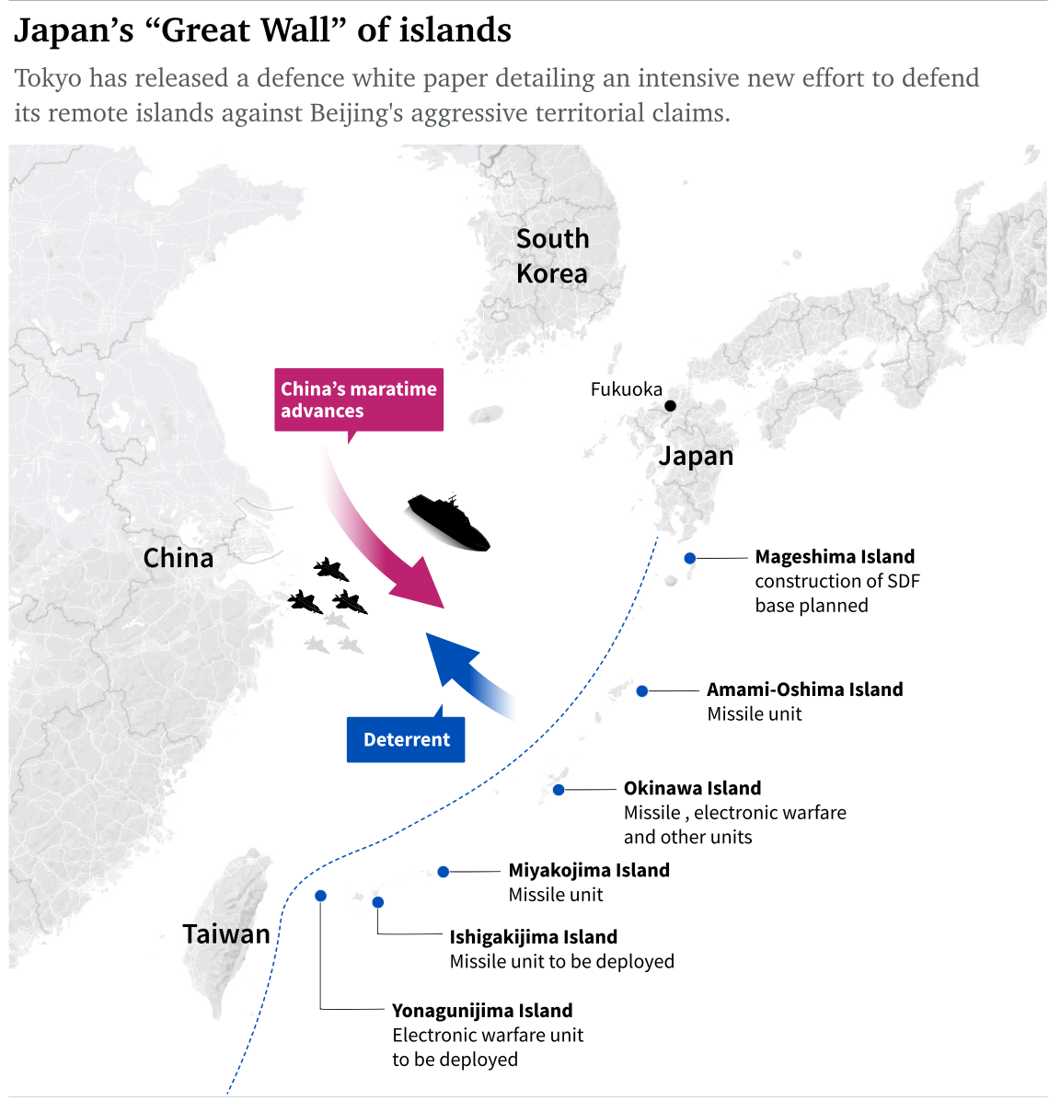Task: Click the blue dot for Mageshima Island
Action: click(x=690, y=558)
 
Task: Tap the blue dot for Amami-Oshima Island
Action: click(x=642, y=691)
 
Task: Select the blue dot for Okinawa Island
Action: click(x=559, y=790)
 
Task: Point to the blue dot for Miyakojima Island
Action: click(x=444, y=872)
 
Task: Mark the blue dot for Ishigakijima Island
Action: click(x=378, y=902)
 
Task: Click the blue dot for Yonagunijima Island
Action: click(x=320, y=896)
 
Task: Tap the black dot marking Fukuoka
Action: click(x=671, y=406)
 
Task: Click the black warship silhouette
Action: click(x=449, y=523)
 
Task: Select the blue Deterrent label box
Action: click(x=406, y=739)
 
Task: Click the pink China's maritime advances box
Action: click(x=359, y=400)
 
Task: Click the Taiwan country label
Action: click(x=226, y=934)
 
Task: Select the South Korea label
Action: click(x=552, y=256)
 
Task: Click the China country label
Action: click(x=179, y=558)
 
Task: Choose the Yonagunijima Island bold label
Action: click(x=482, y=1011)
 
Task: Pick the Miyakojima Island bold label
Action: click(x=589, y=871)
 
